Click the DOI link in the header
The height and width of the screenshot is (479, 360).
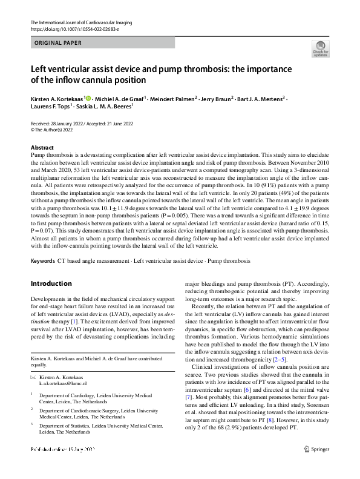(70, 28)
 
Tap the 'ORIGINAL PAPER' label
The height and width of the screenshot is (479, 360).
(59, 43)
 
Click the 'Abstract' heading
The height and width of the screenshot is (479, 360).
(42, 148)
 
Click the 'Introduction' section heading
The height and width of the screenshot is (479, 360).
(51, 283)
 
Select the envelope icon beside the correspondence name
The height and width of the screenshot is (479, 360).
(33, 360)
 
